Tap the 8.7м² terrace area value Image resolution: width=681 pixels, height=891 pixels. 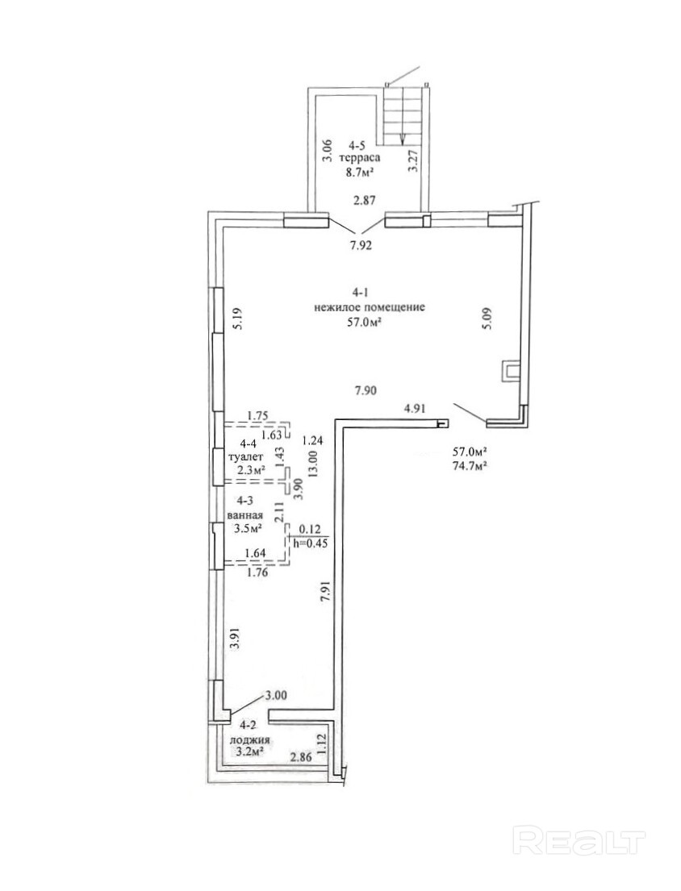(359, 170)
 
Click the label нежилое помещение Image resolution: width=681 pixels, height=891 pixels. (369, 309)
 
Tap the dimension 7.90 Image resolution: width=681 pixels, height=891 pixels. (366, 390)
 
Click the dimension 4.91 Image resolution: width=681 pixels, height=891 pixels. (415, 407)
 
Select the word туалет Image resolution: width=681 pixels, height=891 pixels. (245, 457)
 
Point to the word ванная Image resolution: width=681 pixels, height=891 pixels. (244, 516)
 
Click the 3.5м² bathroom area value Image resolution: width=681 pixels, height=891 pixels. (248, 528)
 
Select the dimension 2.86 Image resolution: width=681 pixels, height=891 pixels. (301, 757)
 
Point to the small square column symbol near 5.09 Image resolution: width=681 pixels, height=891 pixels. (510, 370)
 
